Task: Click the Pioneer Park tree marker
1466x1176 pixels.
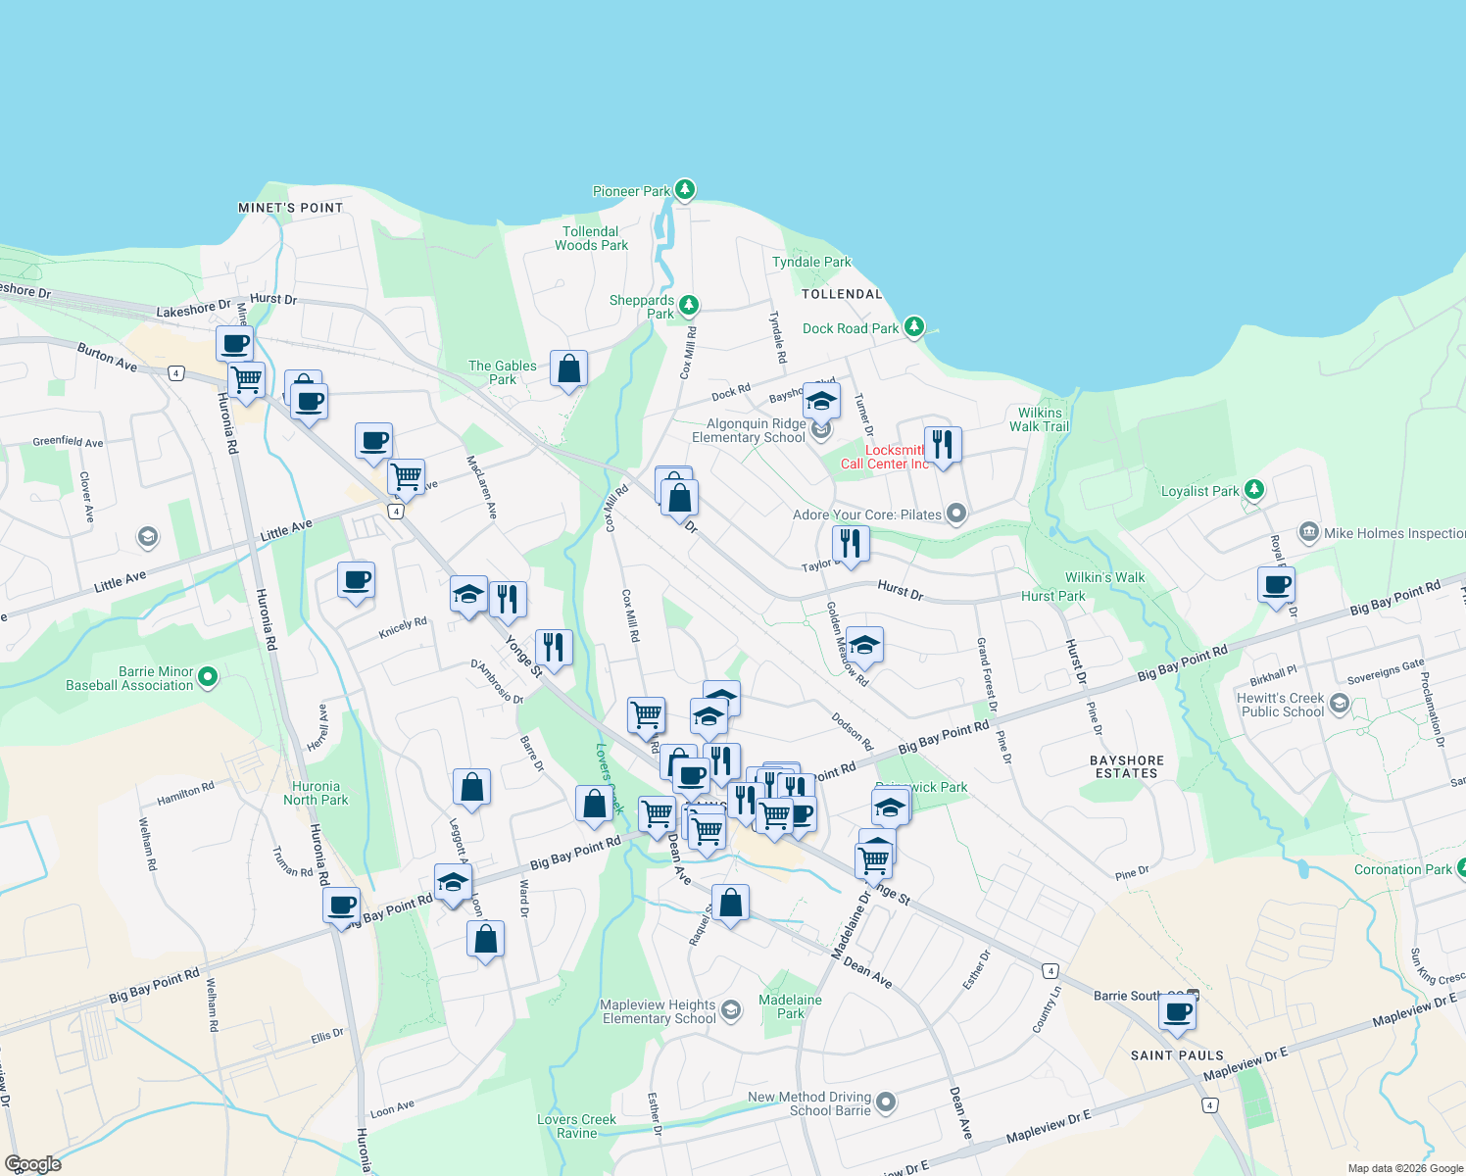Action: [685, 189]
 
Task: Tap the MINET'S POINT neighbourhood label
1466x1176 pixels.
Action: [291, 208]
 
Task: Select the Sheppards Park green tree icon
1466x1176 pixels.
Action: [689, 306]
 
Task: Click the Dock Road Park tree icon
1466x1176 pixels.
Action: [914, 326]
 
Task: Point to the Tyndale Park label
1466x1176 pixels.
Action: [811, 262]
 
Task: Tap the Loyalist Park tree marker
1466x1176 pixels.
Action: [1254, 490]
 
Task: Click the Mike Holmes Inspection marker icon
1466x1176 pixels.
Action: [1309, 533]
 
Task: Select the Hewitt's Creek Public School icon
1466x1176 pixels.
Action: [1340, 705]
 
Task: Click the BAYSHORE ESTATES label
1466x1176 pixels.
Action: [1127, 766]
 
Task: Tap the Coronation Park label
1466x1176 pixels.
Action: [1402, 869]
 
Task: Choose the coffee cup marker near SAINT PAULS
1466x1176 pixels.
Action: [1178, 1012]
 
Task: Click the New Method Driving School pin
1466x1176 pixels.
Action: [886, 1103]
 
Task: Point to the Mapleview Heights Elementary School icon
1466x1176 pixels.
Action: [730, 1010]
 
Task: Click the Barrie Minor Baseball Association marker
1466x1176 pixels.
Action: [208, 676]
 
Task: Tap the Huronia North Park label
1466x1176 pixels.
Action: [316, 793]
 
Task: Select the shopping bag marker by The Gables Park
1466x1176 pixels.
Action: [568, 369]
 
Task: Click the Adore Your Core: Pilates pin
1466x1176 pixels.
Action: [957, 514]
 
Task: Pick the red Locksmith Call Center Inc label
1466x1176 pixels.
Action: [885, 457]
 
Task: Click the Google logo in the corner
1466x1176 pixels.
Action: [32, 1163]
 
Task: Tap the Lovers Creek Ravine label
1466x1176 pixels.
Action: [576, 1126]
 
